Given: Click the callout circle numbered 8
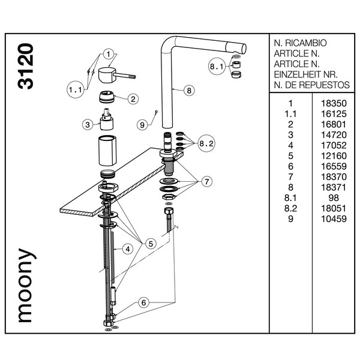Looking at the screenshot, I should pyautogui.click(x=188, y=91).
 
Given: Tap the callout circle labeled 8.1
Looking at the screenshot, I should pyautogui.click(x=217, y=67).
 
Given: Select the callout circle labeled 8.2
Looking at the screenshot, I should pyautogui.click(x=206, y=143).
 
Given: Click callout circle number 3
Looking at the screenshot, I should pyautogui.click(x=88, y=124).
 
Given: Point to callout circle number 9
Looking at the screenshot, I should pyautogui.click(x=142, y=125).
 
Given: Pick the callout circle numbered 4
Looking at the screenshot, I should pyautogui.click(x=127, y=249).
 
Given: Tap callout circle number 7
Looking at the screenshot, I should pyautogui.click(x=207, y=180).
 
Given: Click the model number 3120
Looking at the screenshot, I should pyautogui.click(x=25, y=67).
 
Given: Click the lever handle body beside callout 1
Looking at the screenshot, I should pyautogui.click(x=108, y=77).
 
